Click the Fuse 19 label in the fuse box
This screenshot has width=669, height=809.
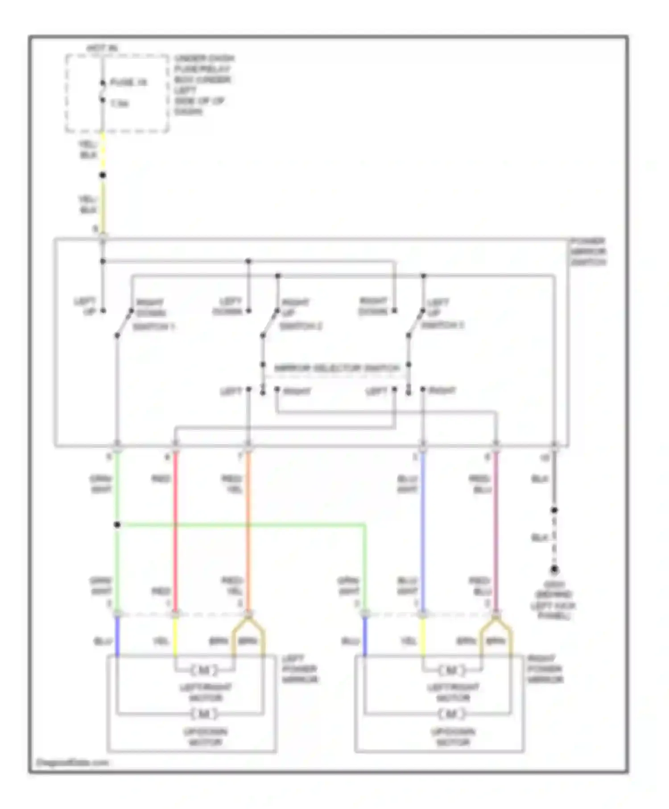(128, 83)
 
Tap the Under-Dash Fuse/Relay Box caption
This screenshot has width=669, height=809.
(204, 85)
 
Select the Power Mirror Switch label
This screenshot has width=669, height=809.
(588, 252)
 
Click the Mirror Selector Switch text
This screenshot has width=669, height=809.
(337, 368)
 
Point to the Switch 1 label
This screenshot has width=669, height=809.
(153, 327)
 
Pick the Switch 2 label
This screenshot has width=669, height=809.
(301, 326)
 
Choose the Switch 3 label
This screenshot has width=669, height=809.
(443, 325)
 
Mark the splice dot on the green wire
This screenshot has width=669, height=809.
(117, 525)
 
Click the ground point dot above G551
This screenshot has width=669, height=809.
(554, 570)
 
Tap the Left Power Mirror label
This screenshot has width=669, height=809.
(300, 669)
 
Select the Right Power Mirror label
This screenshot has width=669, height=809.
(545, 669)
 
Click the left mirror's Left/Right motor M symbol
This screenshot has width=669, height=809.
(204, 670)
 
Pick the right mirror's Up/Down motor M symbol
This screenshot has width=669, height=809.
(451, 714)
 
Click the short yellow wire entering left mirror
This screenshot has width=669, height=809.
(175, 638)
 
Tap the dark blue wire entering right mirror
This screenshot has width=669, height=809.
(365, 638)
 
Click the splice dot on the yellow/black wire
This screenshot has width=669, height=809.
(103, 175)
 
